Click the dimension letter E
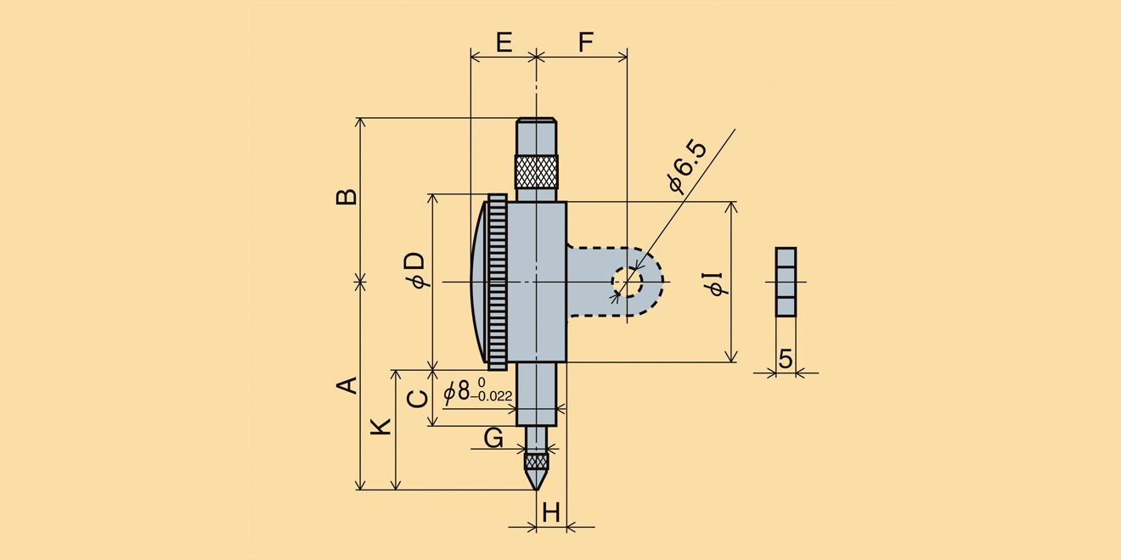tap(504, 42)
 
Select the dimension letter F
tap(584, 42)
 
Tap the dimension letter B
tap(346, 197)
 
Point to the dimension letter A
tap(346, 385)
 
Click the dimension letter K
tap(382, 426)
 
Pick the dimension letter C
tap(418, 397)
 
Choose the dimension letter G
tap(493, 438)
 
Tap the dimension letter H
tap(551, 512)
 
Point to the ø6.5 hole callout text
tap(687, 167)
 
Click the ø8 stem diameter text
tap(457, 391)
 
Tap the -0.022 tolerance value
tap(491, 396)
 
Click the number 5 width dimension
tap(786, 359)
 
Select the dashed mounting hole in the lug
tap(627, 282)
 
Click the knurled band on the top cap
tap(537, 171)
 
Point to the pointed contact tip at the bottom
tap(536, 480)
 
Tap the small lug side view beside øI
tap(786, 282)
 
